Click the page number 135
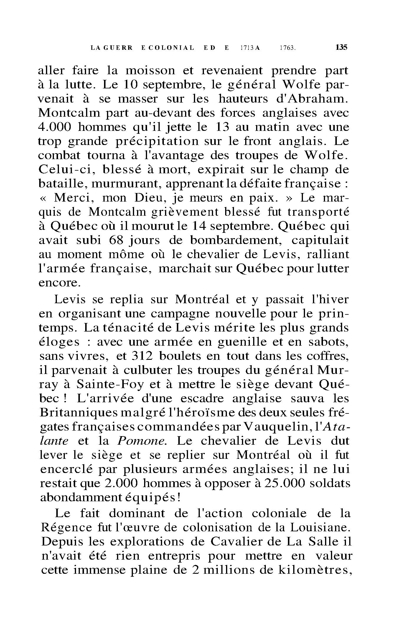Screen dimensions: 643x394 tap(342, 47)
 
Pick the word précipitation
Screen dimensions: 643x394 tap(157, 142)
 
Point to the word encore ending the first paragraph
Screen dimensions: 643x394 tap(60, 283)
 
